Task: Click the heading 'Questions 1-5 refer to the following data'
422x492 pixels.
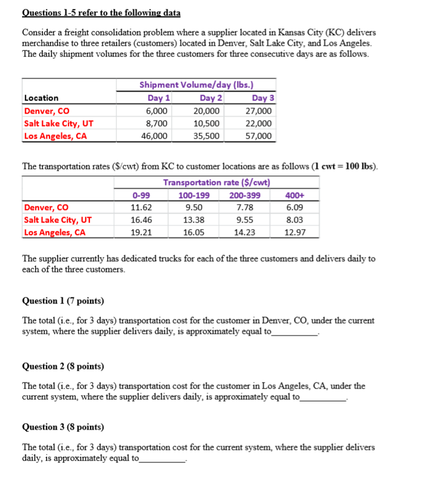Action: (x=101, y=12)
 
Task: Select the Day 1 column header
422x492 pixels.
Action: (x=159, y=98)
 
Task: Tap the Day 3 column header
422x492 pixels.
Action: (x=262, y=98)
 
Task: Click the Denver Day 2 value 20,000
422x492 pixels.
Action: (x=207, y=111)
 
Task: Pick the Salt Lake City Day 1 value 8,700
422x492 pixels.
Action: (x=157, y=124)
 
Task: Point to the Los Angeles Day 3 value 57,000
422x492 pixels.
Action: (x=259, y=136)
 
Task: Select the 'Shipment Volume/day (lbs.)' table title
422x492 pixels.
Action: (x=198, y=85)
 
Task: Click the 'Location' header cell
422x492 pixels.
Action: (x=42, y=98)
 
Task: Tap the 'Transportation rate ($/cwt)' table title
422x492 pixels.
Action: (x=218, y=183)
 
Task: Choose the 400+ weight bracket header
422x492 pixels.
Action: (x=295, y=195)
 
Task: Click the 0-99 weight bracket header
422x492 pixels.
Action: (x=141, y=195)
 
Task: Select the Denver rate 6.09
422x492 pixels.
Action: (x=295, y=208)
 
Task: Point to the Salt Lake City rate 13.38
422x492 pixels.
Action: (x=193, y=220)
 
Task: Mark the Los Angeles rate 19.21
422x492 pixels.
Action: (x=141, y=233)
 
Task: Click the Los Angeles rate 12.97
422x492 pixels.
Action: (x=295, y=233)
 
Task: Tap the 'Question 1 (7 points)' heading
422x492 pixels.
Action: (x=62, y=300)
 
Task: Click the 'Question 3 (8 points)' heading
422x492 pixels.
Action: (x=62, y=427)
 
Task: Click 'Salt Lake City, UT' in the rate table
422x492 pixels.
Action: (x=58, y=220)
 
